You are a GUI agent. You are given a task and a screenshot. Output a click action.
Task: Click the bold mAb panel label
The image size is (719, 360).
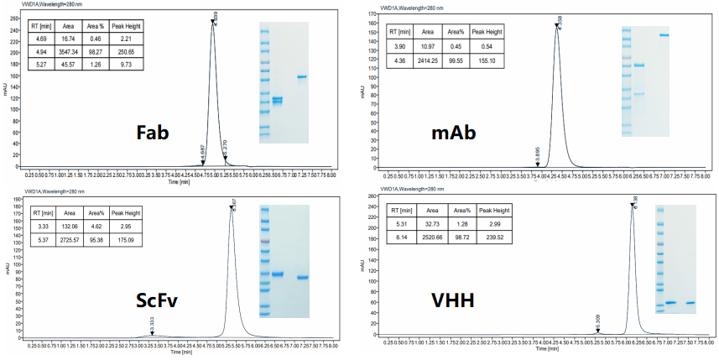pyautogui.click(x=456, y=133)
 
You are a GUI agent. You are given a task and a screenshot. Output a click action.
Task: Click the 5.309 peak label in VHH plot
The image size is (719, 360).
pyautogui.click(x=597, y=322)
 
